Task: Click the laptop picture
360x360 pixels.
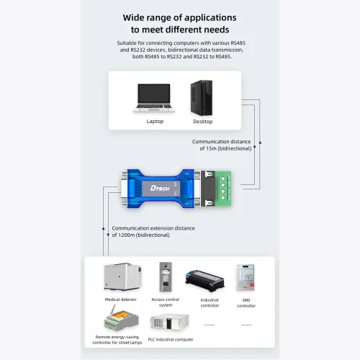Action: coord(154,98)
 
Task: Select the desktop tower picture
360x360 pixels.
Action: coord(202,98)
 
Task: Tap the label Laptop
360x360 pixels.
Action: coord(155,122)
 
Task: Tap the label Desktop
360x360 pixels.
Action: coord(203,122)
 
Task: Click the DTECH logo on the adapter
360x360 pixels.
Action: coord(160,188)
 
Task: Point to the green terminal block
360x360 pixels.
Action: coord(223,189)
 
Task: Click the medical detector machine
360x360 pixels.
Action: coord(122,276)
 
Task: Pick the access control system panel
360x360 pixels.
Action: coord(166,276)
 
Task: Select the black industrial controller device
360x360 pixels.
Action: coord(204,281)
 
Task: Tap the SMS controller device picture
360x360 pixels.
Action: coord(246,278)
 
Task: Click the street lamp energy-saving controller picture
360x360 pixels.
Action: coord(121,318)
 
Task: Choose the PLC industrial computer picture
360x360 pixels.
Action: coord(169,322)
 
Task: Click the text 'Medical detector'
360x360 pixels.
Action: coord(121,300)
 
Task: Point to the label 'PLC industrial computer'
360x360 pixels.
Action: coord(171,340)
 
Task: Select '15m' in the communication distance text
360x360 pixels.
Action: coord(211,148)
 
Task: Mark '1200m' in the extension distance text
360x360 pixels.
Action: coord(127,235)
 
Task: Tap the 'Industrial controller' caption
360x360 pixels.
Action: coord(210,302)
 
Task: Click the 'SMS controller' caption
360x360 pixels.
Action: coord(246,303)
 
